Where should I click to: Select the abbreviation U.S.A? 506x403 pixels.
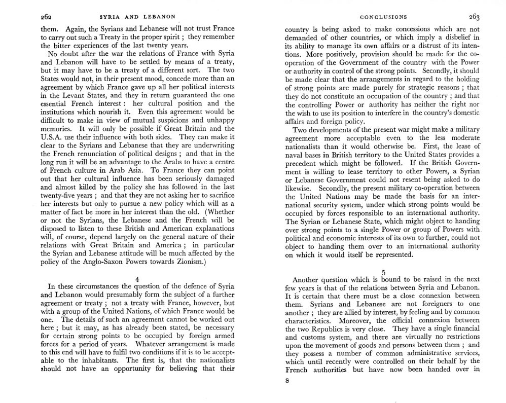tap(51, 137)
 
